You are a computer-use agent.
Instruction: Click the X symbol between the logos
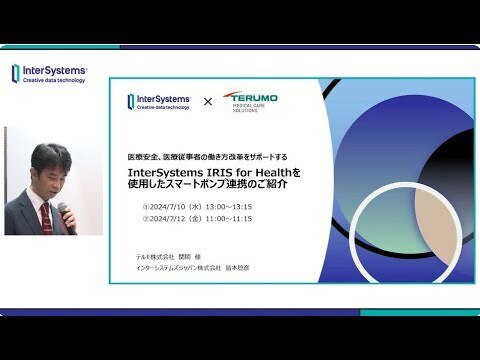click(x=208, y=102)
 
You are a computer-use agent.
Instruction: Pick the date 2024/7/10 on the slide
click(x=170, y=207)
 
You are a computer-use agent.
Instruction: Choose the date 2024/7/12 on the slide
click(x=170, y=219)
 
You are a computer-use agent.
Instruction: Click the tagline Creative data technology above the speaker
click(x=56, y=84)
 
